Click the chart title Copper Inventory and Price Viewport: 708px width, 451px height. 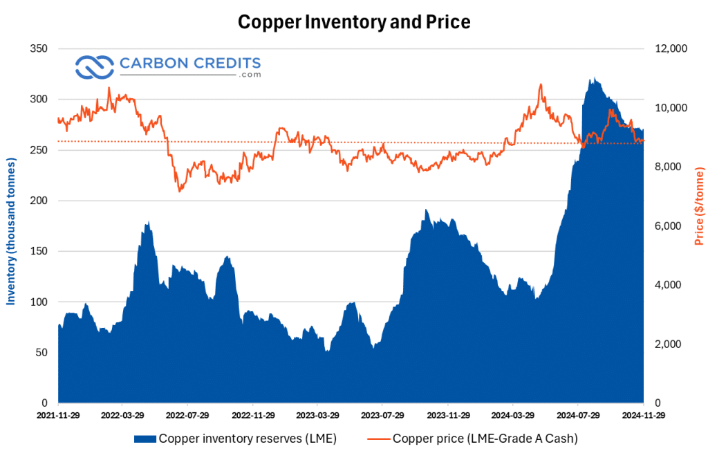click(x=354, y=22)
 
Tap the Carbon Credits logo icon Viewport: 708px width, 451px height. click(x=93, y=67)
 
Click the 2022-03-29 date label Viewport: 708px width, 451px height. click(x=122, y=416)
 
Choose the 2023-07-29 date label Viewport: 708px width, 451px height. click(x=382, y=416)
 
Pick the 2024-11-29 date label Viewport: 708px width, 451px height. click(x=643, y=416)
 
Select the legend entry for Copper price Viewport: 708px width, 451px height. click(x=475, y=438)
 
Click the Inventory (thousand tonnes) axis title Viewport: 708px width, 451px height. click(x=11, y=225)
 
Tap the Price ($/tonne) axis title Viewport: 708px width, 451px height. click(x=699, y=206)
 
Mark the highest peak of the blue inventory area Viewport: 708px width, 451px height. click(x=592, y=78)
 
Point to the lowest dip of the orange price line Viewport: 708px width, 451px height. click(x=180, y=192)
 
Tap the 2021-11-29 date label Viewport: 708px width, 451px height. click(x=58, y=416)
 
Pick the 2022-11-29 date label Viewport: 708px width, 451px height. click(x=252, y=416)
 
